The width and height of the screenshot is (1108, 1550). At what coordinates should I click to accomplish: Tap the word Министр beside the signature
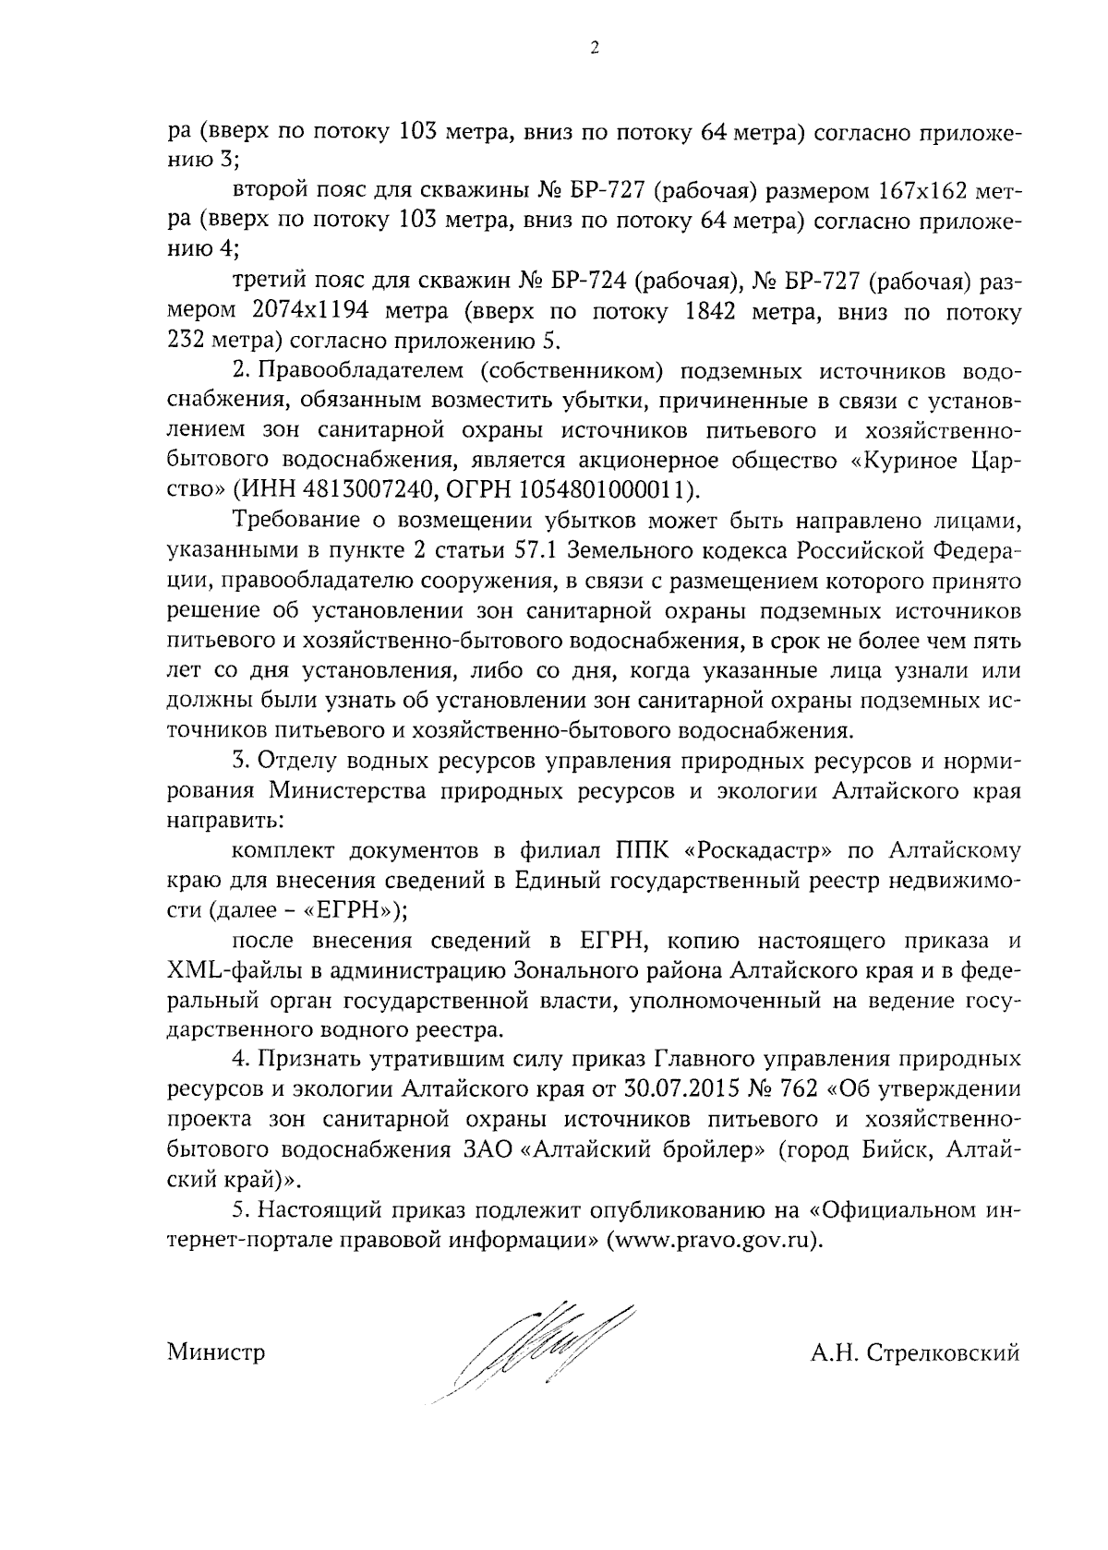[x=216, y=1353]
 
